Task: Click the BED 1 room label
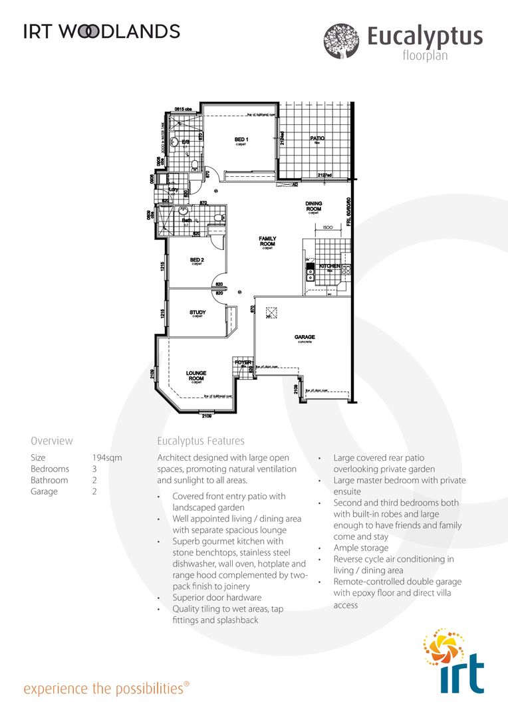pyautogui.click(x=241, y=140)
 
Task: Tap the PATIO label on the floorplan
pyautogui.click(x=317, y=139)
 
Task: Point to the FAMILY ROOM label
pyautogui.click(x=267, y=241)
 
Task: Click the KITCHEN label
pyautogui.click(x=330, y=267)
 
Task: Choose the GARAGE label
pyautogui.click(x=305, y=338)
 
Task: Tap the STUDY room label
pyautogui.click(x=197, y=312)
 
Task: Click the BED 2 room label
pyautogui.click(x=196, y=260)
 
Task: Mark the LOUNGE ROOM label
pyautogui.click(x=196, y=376)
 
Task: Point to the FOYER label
pyautogui.click(x=243, y=362)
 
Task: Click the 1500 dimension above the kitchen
pyautogui.click(x=327, y=227)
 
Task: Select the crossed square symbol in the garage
pyautogui.click(x=271, y=312)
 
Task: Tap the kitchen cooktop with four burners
pyautogui.click(x=346, y=271)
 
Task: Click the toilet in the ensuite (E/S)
pyautogui.click(x=193, y=164)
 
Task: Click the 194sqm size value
pyautogui.click(x=107, y=458)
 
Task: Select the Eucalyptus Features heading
pyautogui.click(x=201, y=441)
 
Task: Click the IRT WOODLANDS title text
pyautogui.click(x=102, y=31)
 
